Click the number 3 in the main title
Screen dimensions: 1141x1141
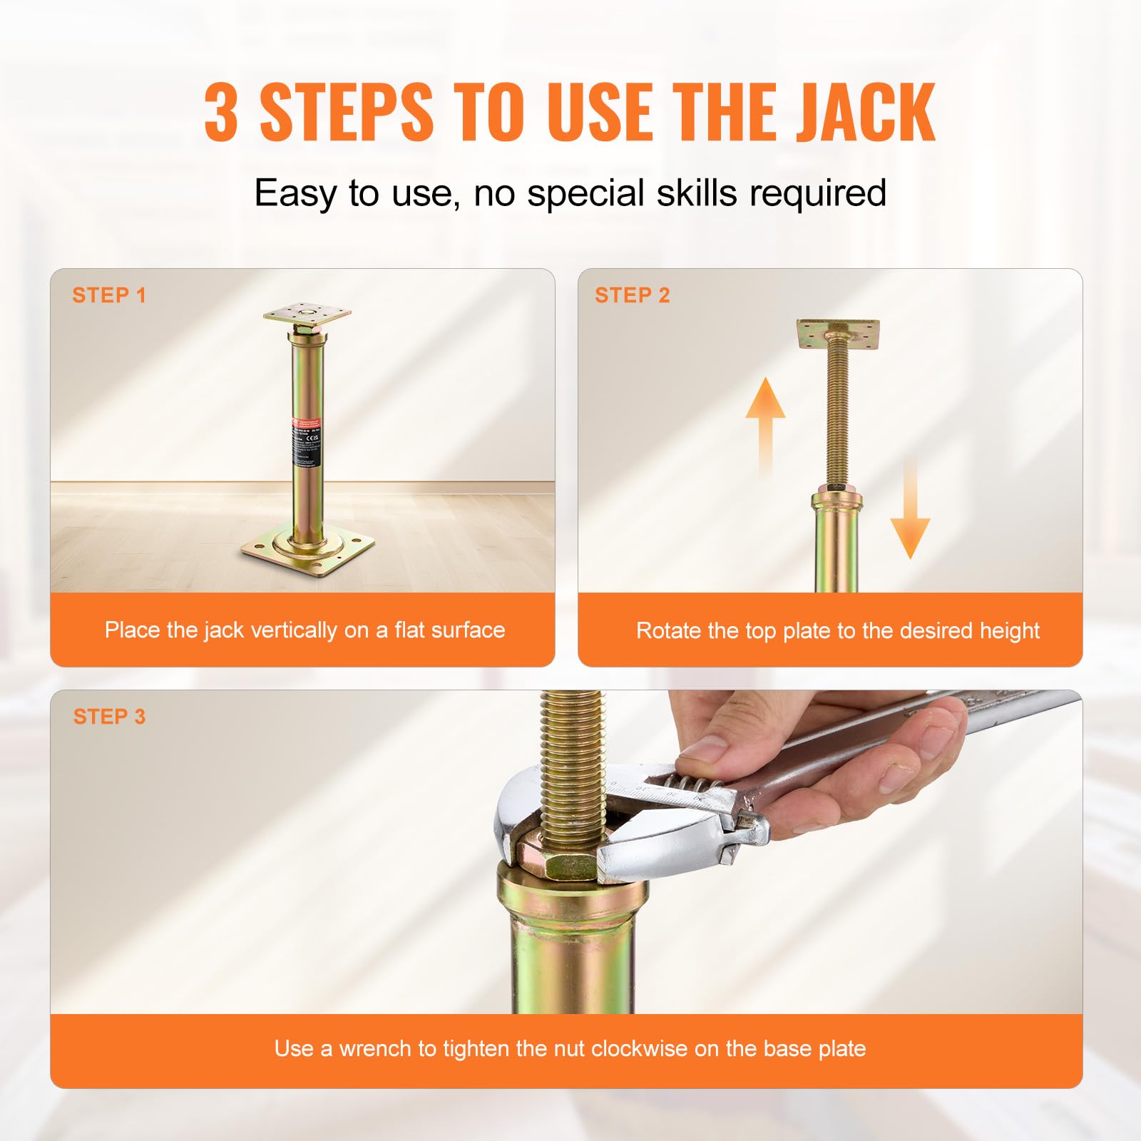220,113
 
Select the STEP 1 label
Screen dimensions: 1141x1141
108,295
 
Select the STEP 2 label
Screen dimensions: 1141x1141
632,295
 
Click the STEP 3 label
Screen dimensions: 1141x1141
108,717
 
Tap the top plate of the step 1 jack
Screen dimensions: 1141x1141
307,314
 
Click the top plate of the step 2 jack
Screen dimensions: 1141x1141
838,333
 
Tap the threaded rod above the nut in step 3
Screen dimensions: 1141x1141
570,763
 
